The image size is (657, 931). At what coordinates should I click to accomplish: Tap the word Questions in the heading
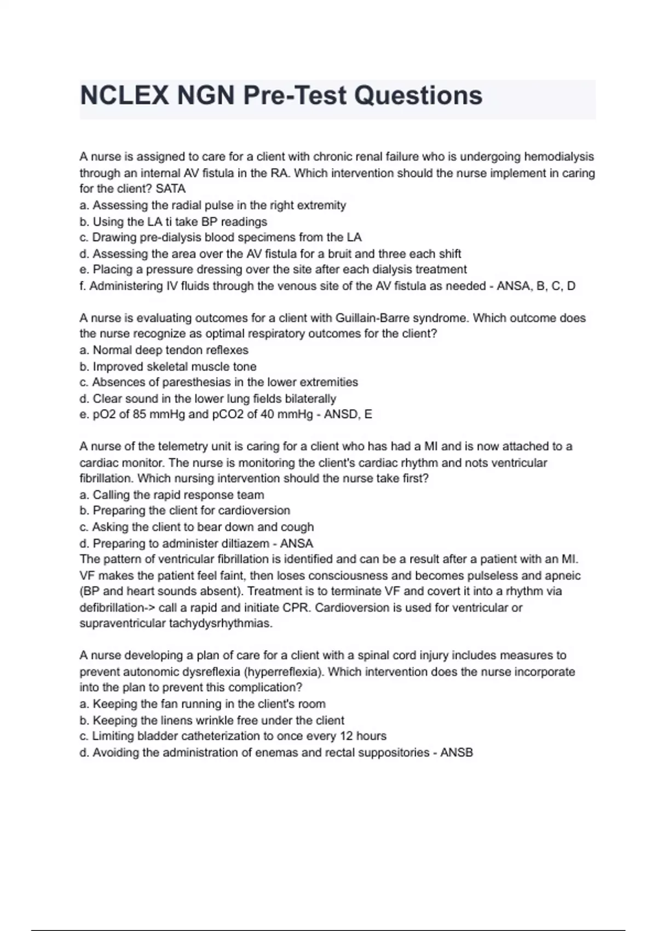(x=418, y=96)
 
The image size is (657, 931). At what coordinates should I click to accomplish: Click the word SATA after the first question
(x=171, y=189)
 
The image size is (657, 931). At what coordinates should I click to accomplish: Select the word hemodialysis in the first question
(x=559, y=157)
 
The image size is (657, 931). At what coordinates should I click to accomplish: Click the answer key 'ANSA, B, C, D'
(x=536, y=286)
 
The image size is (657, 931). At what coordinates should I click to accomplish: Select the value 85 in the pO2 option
(x=139, y=415)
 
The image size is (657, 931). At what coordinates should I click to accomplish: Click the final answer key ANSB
(x=457, y=753)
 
